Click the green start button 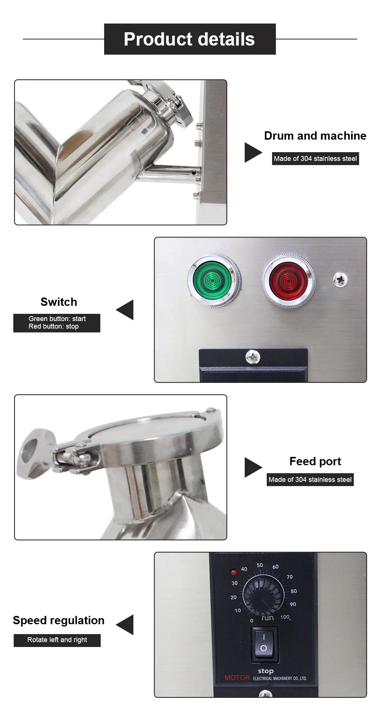click(214, 280)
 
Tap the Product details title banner click(190, 39)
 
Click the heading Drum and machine click(315, 136)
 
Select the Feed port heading click(315, 461)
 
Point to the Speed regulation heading click(59, 620)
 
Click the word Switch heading click(59, 302)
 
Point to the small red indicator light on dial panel click(234, 572)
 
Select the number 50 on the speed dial click(260, 565)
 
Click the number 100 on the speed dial click(285, 617)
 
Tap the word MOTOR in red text click(237, 677)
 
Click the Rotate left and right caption click(57, 640)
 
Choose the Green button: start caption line click(57, 319)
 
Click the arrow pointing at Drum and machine click(253, 153)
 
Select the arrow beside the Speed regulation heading click(125, 625)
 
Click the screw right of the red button click(340, 280)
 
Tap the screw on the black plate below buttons click(253, 357)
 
